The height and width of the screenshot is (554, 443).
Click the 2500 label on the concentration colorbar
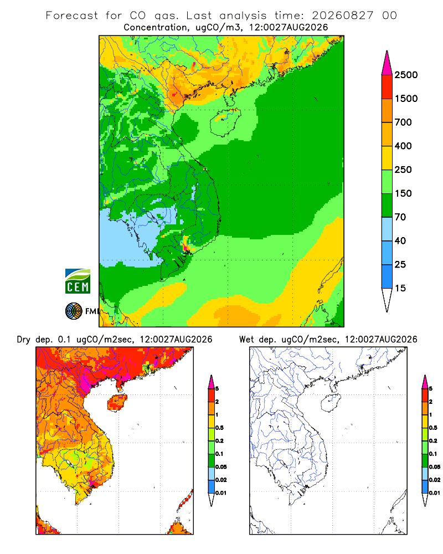click(406, 75)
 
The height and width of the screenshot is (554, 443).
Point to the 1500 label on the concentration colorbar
click(406, 99)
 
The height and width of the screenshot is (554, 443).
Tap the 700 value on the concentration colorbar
click(403, 122)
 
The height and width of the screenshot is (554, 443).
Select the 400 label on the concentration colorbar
click(403, 146)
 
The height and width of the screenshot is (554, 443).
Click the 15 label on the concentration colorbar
click(400, 288)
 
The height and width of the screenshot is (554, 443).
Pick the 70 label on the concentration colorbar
click(400, 217)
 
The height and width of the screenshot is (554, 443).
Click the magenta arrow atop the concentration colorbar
click(387, 64)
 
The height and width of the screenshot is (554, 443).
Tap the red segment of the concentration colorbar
click(387, 87)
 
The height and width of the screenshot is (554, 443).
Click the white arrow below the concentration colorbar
click(387, 300)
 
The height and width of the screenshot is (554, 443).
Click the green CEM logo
click(78, 281)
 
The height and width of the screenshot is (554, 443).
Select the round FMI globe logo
click(74, 311)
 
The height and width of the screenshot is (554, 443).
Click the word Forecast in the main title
click(72, 16)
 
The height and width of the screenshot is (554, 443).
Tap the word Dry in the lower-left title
click(24, 340)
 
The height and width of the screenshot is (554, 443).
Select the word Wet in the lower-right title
click(246, 340)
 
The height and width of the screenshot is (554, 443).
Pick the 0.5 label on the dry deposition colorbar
click(219, 428)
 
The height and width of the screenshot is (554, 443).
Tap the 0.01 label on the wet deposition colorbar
click(435, 493)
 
